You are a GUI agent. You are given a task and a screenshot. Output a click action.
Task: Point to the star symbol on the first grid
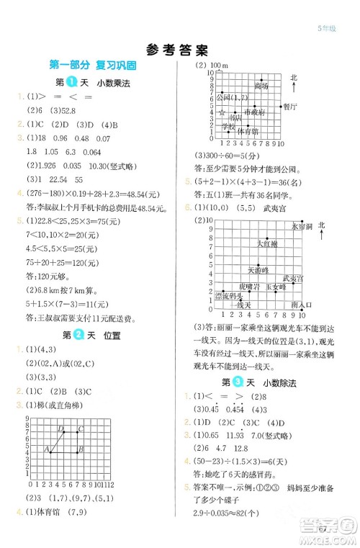(222, 113)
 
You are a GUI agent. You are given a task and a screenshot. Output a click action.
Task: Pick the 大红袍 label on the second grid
(267, 245)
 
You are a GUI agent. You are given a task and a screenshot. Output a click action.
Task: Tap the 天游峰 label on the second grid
(257, 270)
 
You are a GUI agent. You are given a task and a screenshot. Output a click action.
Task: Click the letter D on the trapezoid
(62, 429)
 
